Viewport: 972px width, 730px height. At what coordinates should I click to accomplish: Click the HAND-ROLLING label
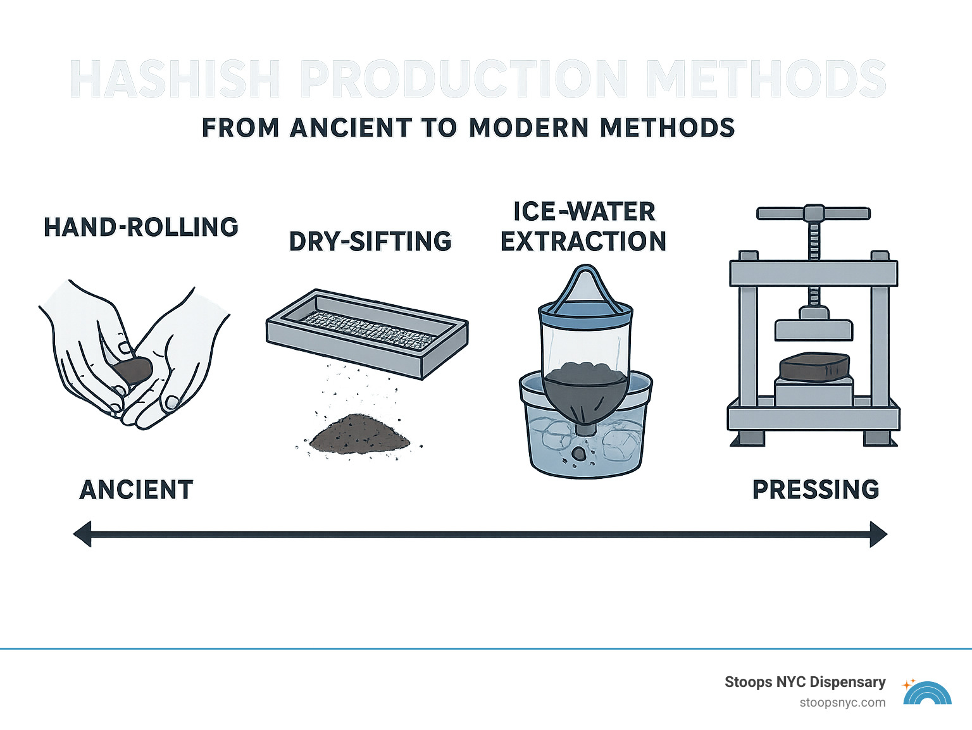click(x=140, y=227)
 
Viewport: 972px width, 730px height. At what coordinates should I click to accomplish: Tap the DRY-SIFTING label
click(x=370, y=242)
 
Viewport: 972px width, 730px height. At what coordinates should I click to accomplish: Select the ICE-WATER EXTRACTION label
click(x=583, y=226)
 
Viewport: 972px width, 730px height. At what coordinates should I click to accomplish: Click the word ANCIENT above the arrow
click(x=136, y=490)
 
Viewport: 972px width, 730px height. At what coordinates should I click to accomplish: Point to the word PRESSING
click(x=816, y=490)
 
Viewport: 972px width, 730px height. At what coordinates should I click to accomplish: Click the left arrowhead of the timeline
click(x=84, y=534)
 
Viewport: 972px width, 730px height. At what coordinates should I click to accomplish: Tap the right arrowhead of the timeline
click(x=878, y=534)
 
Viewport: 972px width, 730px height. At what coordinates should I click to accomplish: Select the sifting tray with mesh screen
click(x=367, y=332)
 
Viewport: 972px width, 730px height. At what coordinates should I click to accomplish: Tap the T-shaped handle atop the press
click(x=814, y=213)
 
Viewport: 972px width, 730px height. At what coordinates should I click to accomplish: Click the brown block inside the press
click(x=814, y=368)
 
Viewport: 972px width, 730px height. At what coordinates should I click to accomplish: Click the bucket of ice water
click(x=585, y=436)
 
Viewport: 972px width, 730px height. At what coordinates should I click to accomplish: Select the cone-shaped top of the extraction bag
click(x=585, y=288)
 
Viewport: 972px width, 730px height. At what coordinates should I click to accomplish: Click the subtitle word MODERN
click(x=528, y=128)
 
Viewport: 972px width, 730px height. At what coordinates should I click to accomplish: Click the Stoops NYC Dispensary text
click(x=805, y=682)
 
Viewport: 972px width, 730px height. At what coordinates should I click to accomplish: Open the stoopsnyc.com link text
click(x=842, y=703)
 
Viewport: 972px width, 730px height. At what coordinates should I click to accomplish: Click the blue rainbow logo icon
click(x=927, y=694)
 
